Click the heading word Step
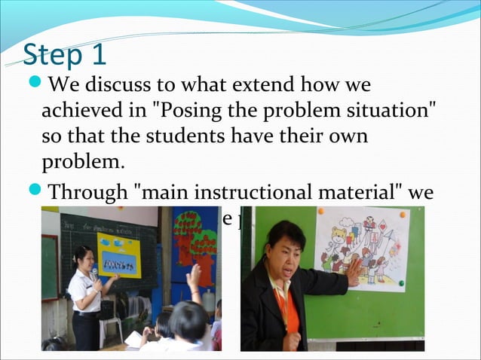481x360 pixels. (55, 55)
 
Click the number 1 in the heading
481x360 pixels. (98, 54)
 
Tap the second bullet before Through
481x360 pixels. (35, 193)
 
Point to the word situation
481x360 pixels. (388, 111)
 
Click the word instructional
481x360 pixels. (283, 194)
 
